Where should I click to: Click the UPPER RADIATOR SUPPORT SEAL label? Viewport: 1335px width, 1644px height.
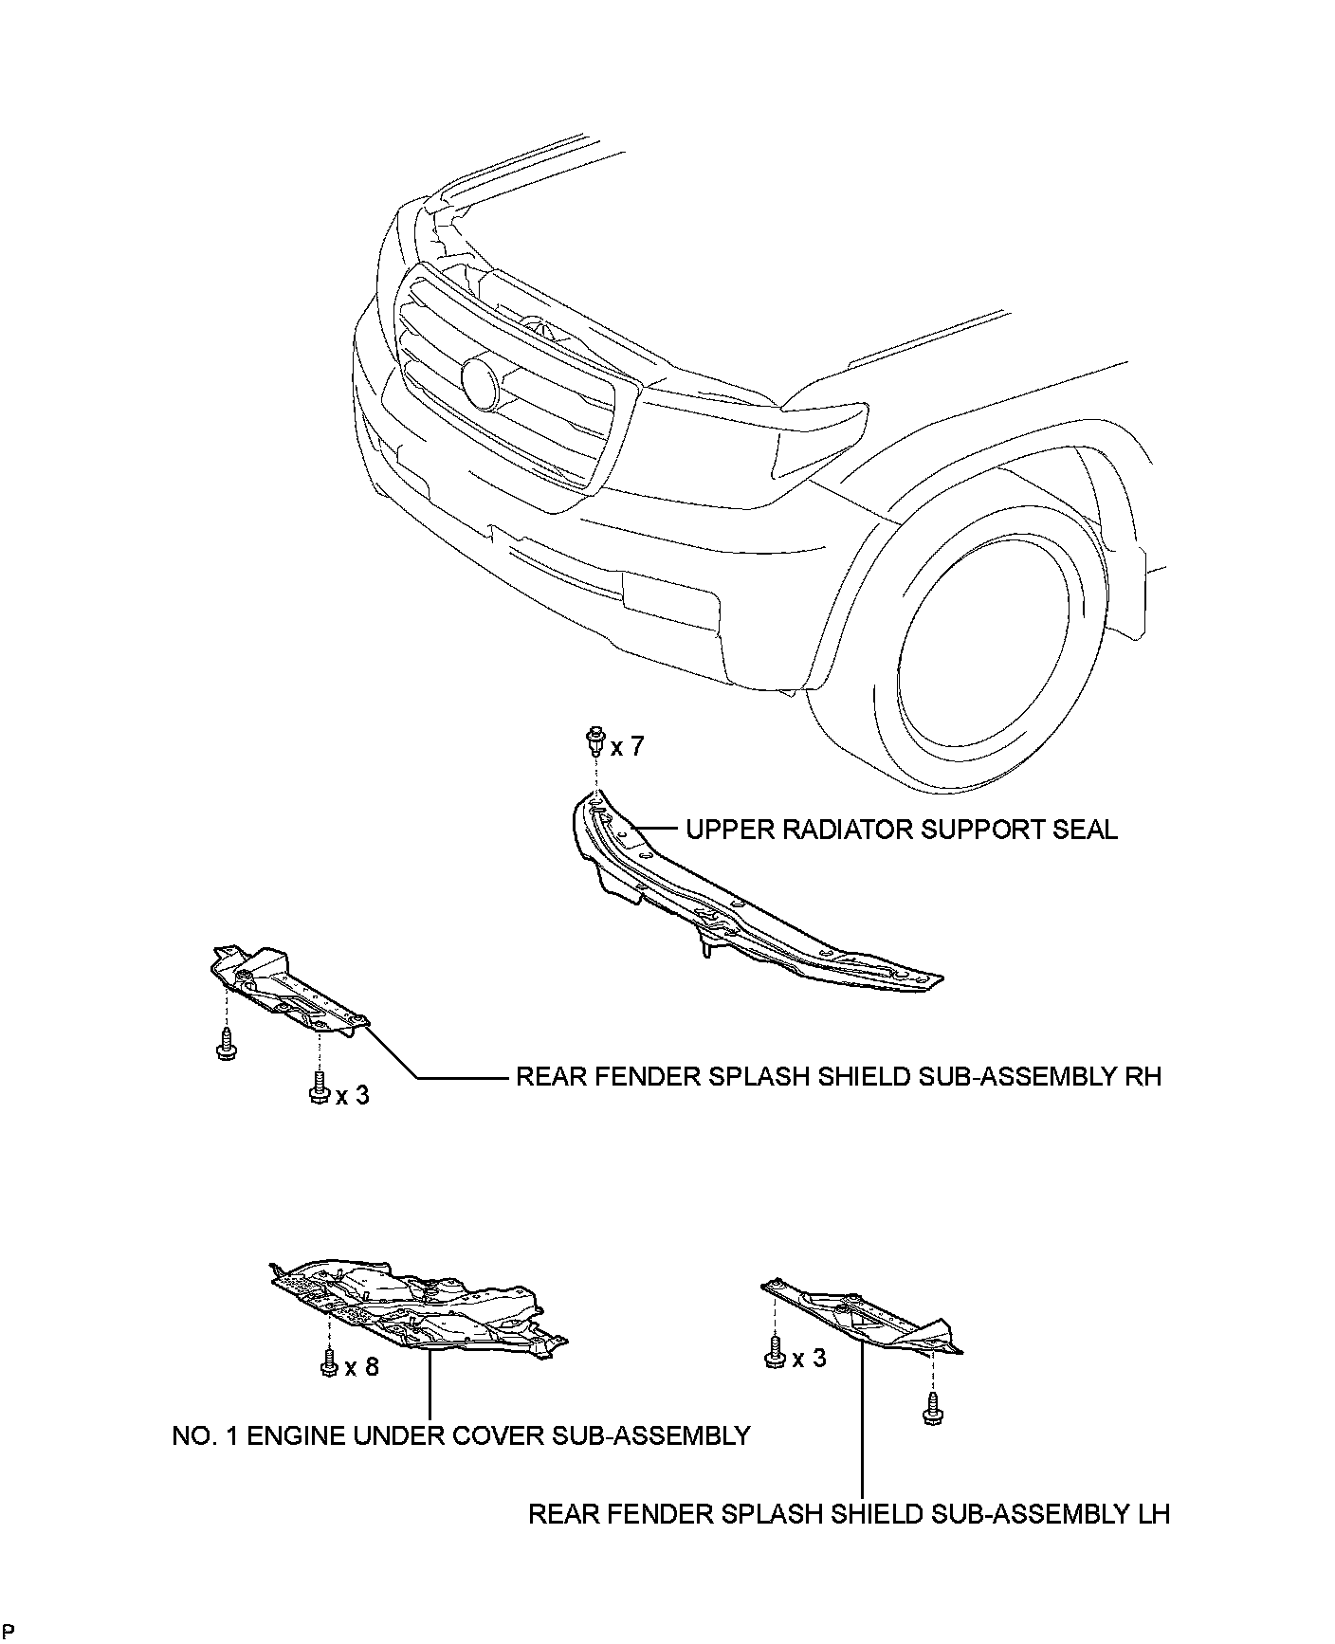coord(901,830)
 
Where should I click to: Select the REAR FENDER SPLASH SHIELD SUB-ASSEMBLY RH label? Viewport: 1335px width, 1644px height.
coord(838,1077)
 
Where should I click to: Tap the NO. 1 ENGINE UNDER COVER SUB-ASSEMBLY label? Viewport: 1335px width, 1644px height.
coord(461,1436)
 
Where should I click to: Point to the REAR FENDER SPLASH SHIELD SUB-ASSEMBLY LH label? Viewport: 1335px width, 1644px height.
coord(849,1514)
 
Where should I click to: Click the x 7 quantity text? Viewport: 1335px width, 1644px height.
coord(627,747)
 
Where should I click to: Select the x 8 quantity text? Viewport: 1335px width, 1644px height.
coord(361,1367)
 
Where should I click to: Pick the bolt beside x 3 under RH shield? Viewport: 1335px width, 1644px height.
coord(320,1087)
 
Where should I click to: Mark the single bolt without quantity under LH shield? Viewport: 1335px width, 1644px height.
coord(932,1406)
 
